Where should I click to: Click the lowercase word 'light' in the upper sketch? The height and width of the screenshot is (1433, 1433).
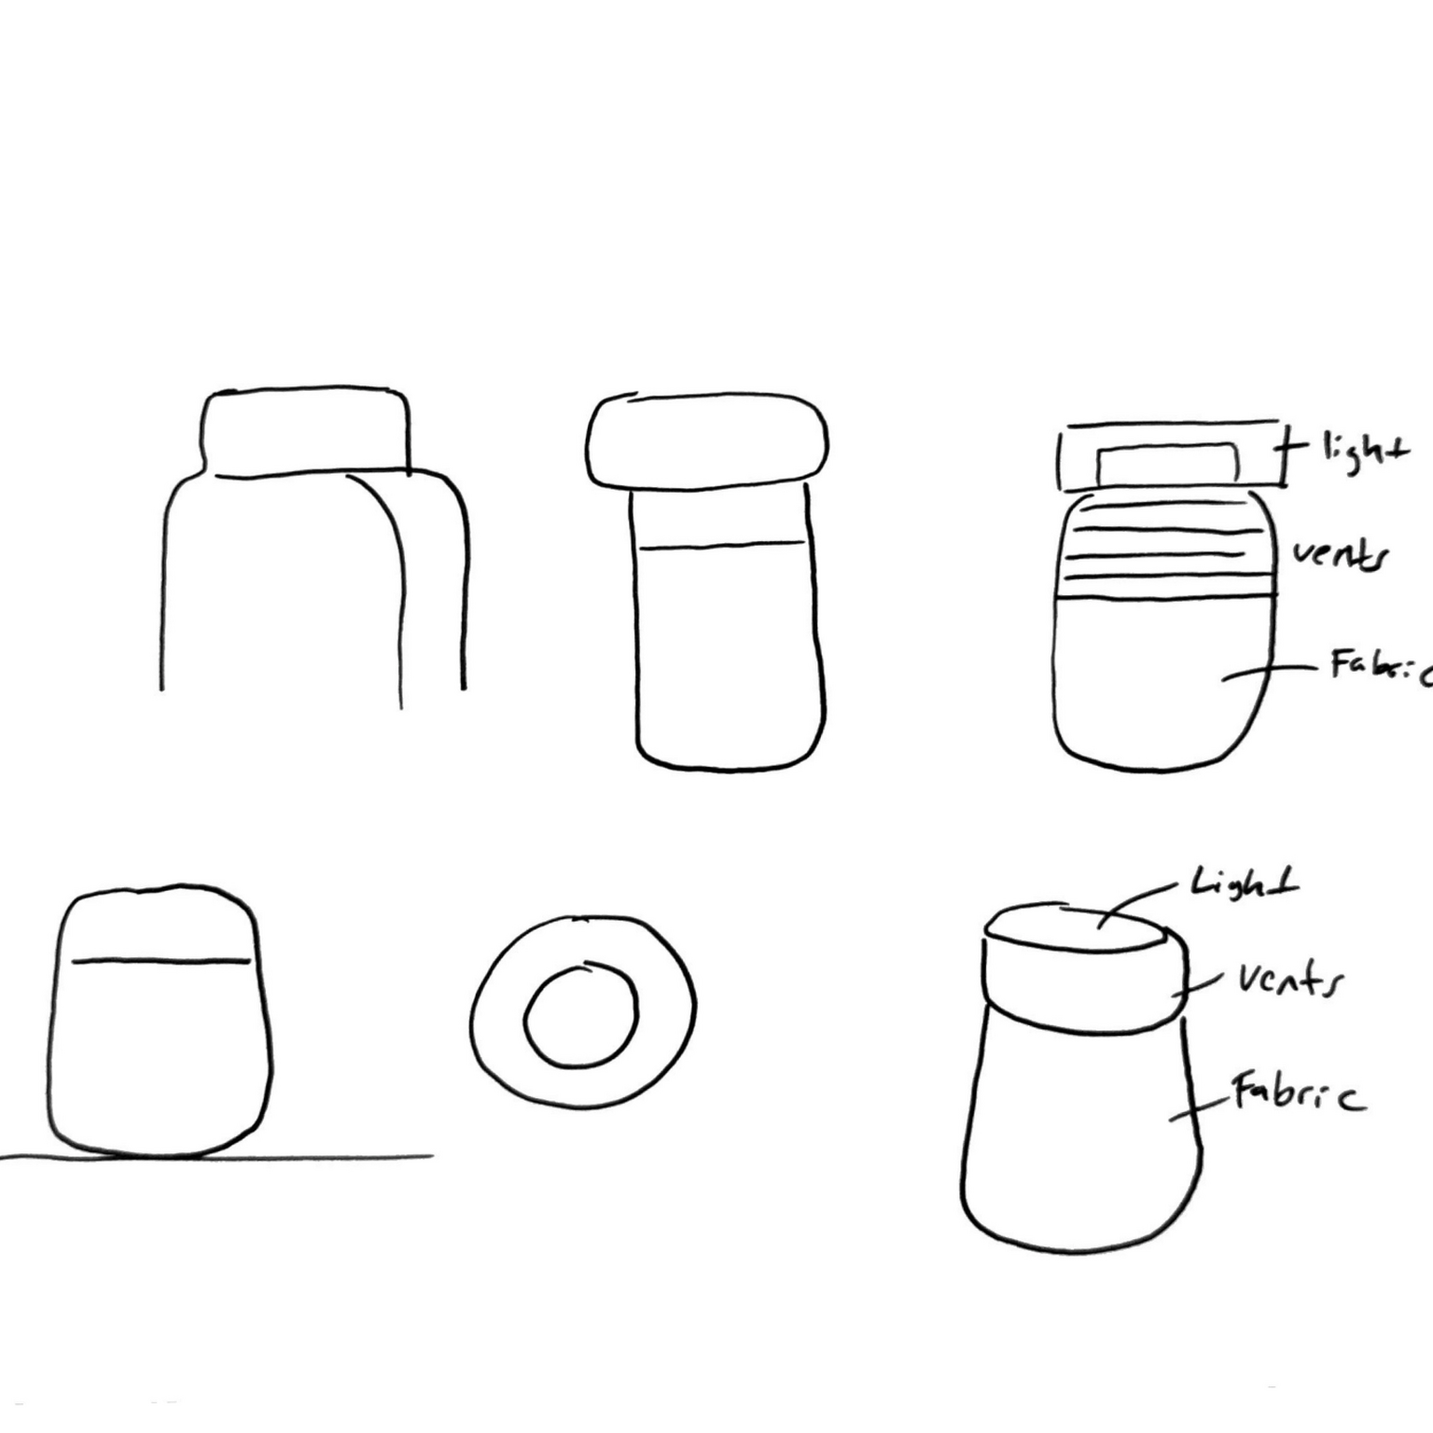[1363, 454]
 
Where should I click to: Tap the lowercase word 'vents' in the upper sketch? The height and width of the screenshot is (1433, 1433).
[1340, 556]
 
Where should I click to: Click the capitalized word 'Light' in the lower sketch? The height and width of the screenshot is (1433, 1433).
[1244, 882]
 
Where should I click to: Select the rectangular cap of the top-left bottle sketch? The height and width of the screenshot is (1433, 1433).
[305, 390]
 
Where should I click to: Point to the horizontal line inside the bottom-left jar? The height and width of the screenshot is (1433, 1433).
[161, 961]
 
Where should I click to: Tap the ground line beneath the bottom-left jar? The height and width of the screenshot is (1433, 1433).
[216, 1158]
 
